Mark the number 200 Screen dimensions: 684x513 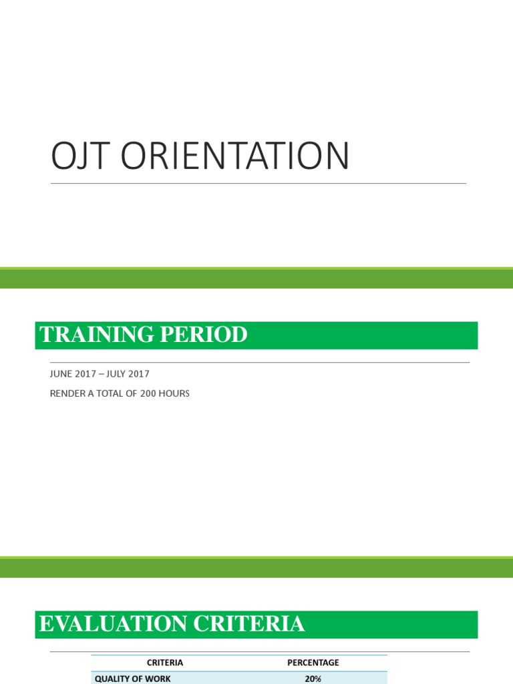pyautogui.click(x=149, y=393)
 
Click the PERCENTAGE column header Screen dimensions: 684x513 pyautogui.click(x=313, y=663)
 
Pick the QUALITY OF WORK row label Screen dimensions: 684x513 pyautogui.click(x=132, y=679)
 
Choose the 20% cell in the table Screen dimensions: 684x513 pyautogui.click(x=313, y=679)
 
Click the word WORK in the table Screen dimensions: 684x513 pyautogui.click(x=158, y=679)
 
